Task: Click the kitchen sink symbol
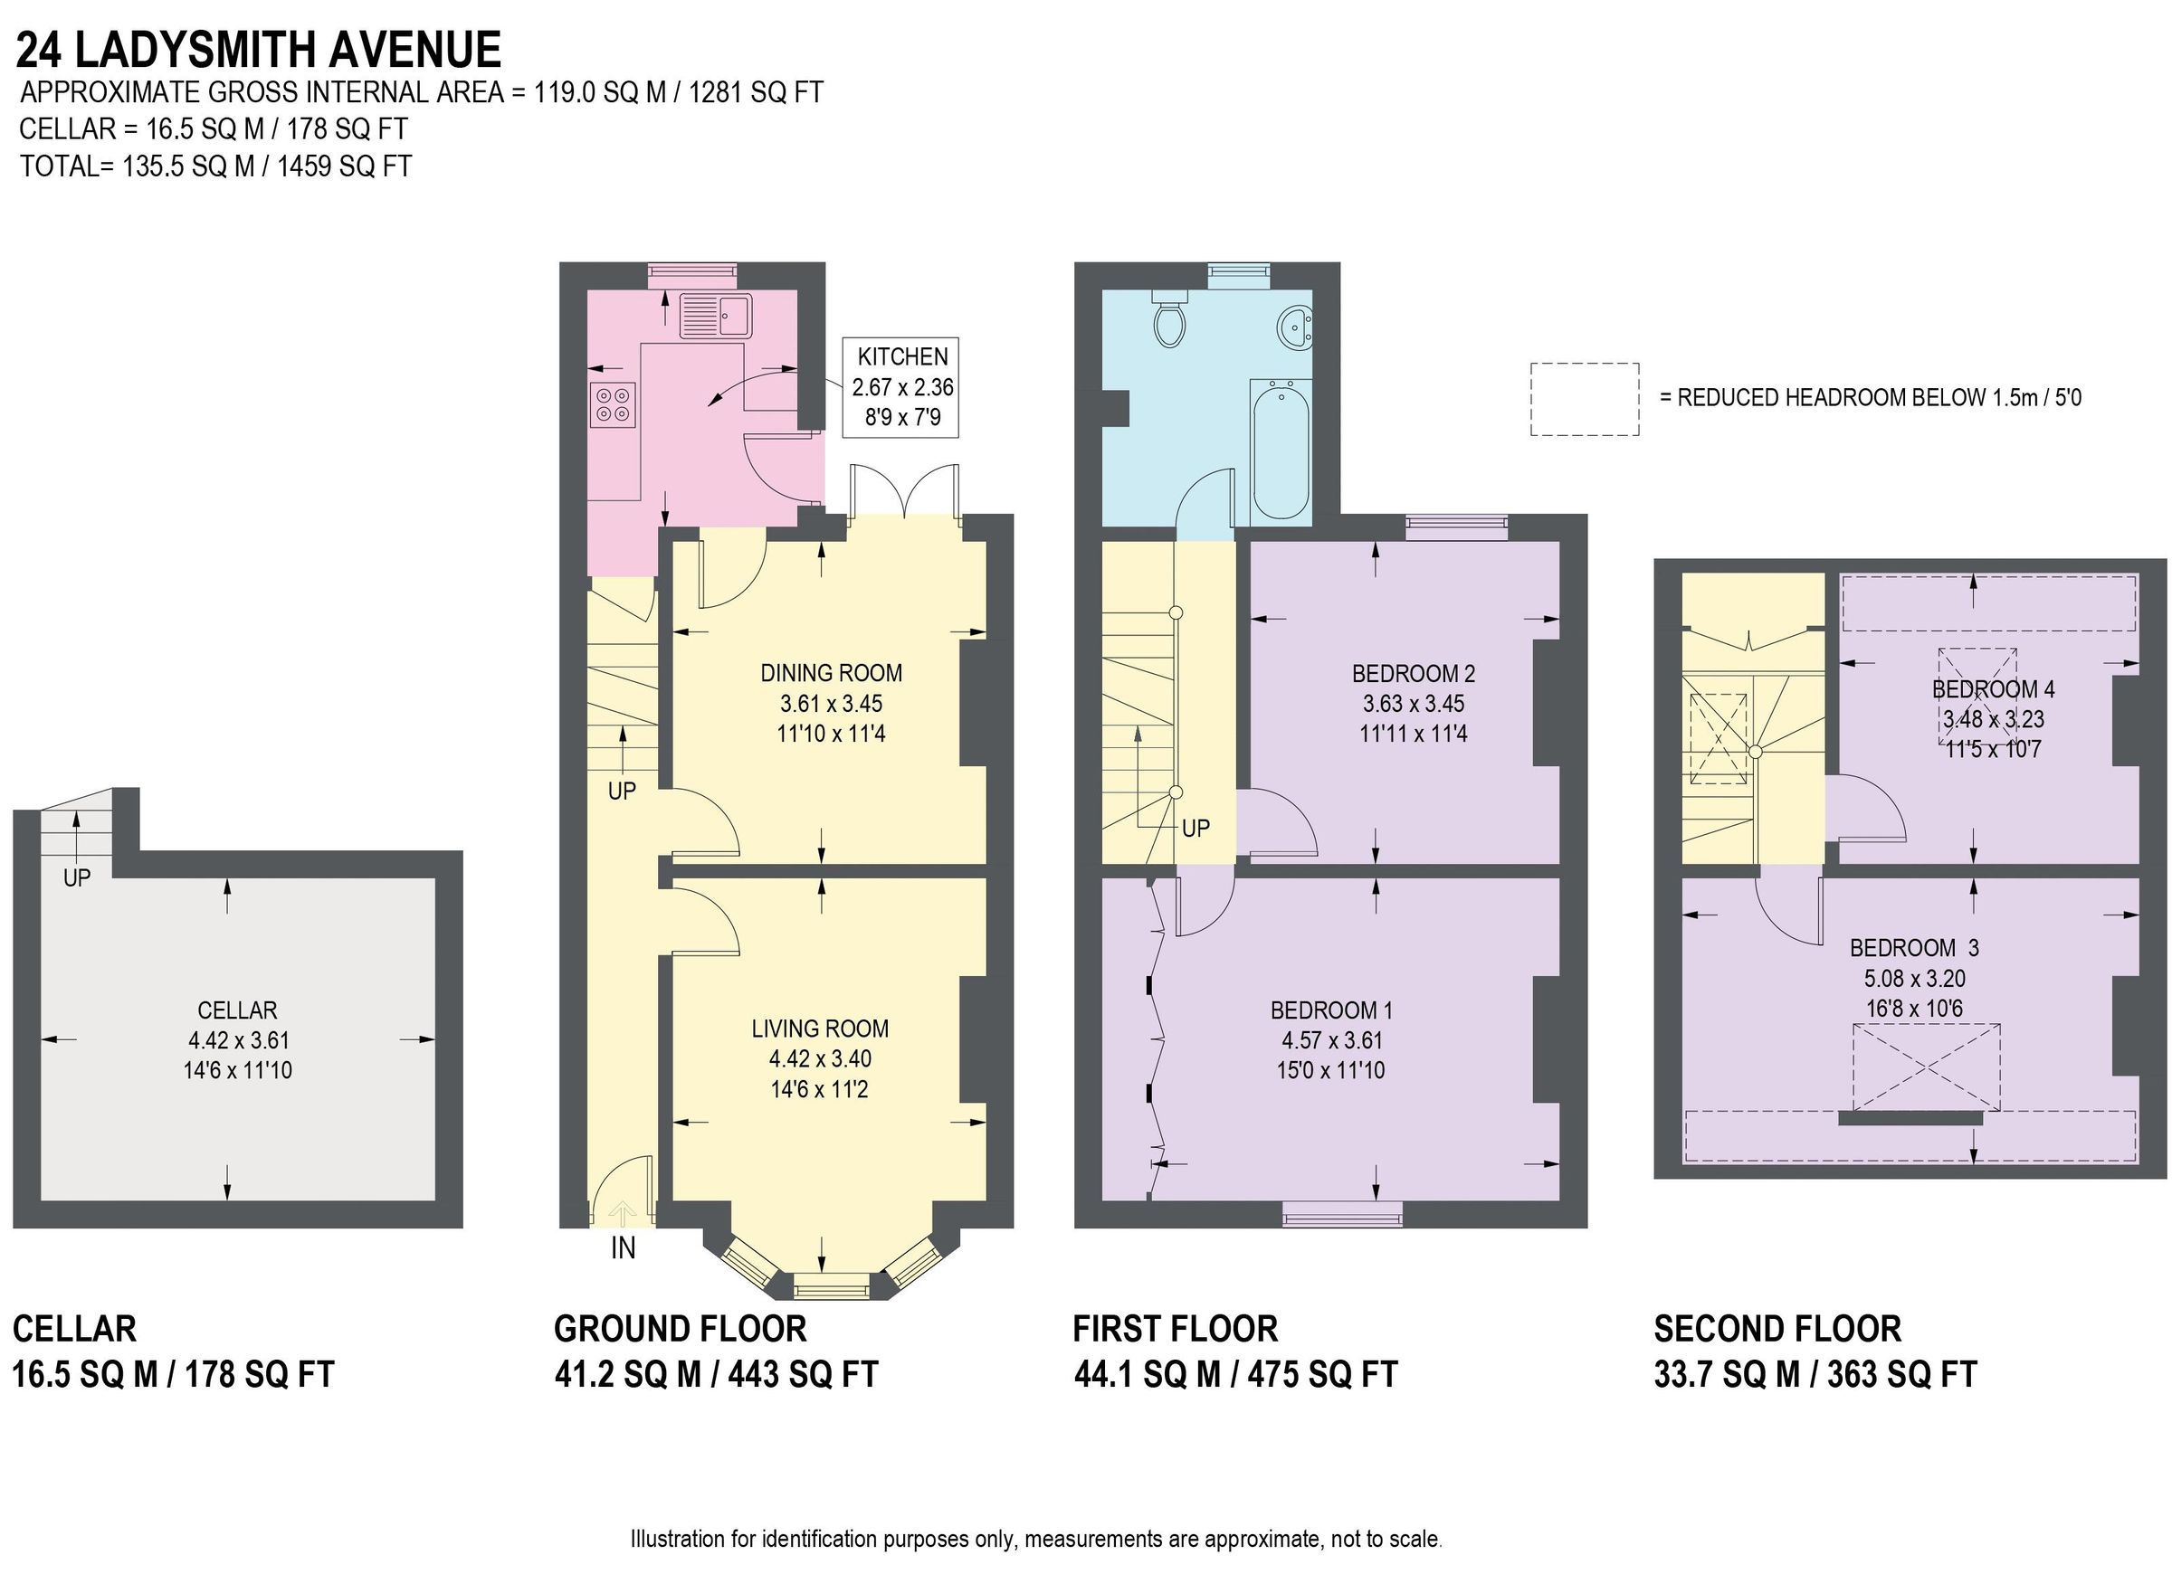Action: [x=715, y=315]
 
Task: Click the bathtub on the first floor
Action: [x=1280, y=448]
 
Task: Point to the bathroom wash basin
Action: [x=1295, y=327]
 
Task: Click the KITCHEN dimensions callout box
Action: [x=900, y=388]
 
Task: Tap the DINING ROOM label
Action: [x=830, y=673]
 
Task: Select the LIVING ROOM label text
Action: [x=820, y=1029]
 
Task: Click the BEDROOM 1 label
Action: [x=1331, y=1010]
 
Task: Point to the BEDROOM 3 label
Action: [x=1913, y=948]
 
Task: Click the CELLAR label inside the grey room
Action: [x=236, y=1010]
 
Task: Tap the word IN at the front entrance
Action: [x=623, y=1248]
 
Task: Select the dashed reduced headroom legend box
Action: [x=1584, y=399]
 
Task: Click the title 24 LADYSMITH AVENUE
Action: [x=259, y=50]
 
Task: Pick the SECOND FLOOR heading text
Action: [x=1777, y=1329]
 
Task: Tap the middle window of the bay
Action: [x=832, y=1285]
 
